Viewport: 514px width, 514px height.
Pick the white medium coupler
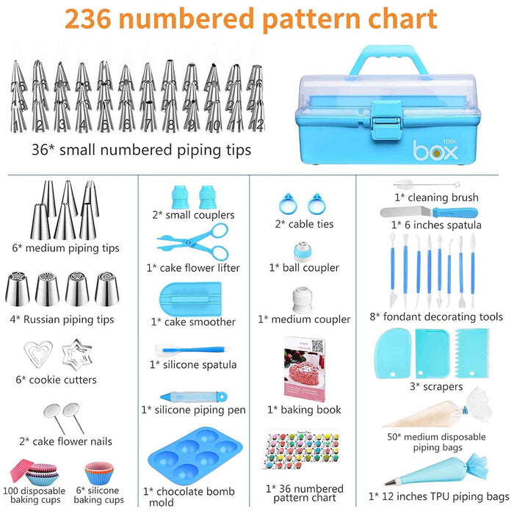click(304, 298)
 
